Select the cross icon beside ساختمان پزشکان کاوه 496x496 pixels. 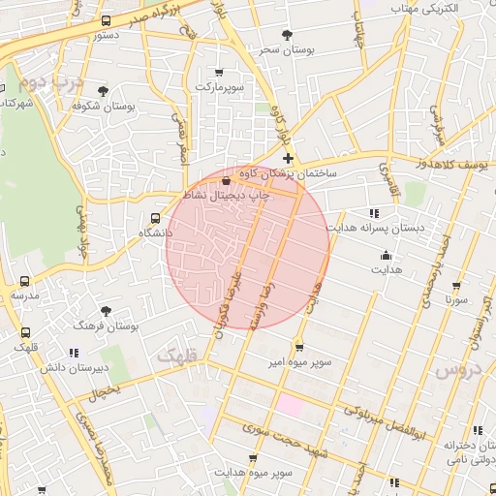point(288,158)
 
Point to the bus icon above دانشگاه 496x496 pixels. point(156,218)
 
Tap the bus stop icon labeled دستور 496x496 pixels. point(107,20)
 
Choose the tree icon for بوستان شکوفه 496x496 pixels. point(103,91)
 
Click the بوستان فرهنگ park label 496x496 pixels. point(106,326)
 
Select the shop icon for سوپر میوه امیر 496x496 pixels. point(299,347)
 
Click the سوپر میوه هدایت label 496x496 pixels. point(252,472)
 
